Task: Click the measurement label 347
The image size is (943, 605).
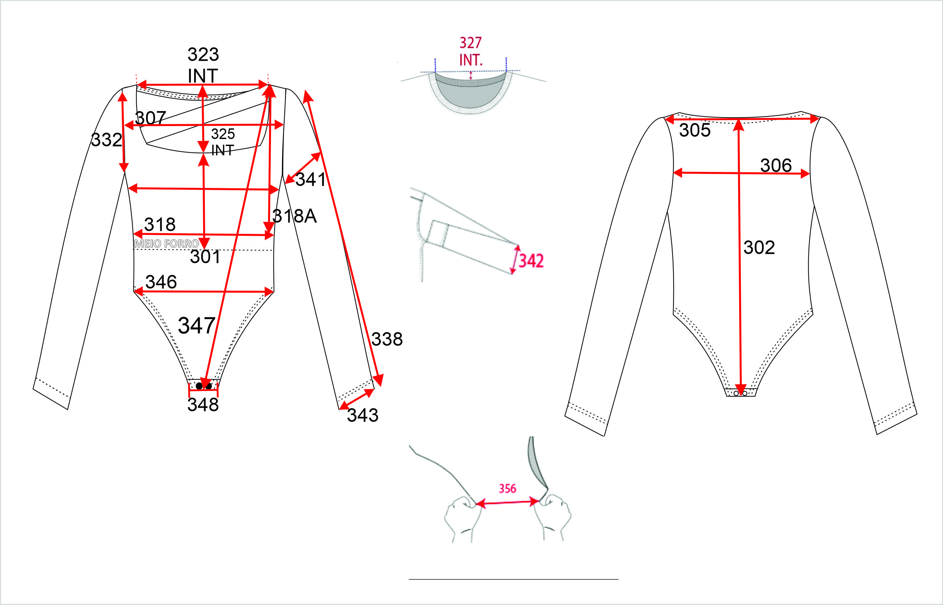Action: coord(197,325)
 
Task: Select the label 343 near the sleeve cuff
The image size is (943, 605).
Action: coord(362,415)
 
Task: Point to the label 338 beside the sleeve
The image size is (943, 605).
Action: coord(387,339)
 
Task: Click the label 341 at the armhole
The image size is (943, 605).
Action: coord(311,180)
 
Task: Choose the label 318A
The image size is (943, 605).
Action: coord(295,216)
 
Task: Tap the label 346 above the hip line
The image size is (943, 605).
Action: coord(161,282)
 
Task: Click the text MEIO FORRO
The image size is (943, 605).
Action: coord(167,243)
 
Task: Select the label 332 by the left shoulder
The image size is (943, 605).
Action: coord(106,140)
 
